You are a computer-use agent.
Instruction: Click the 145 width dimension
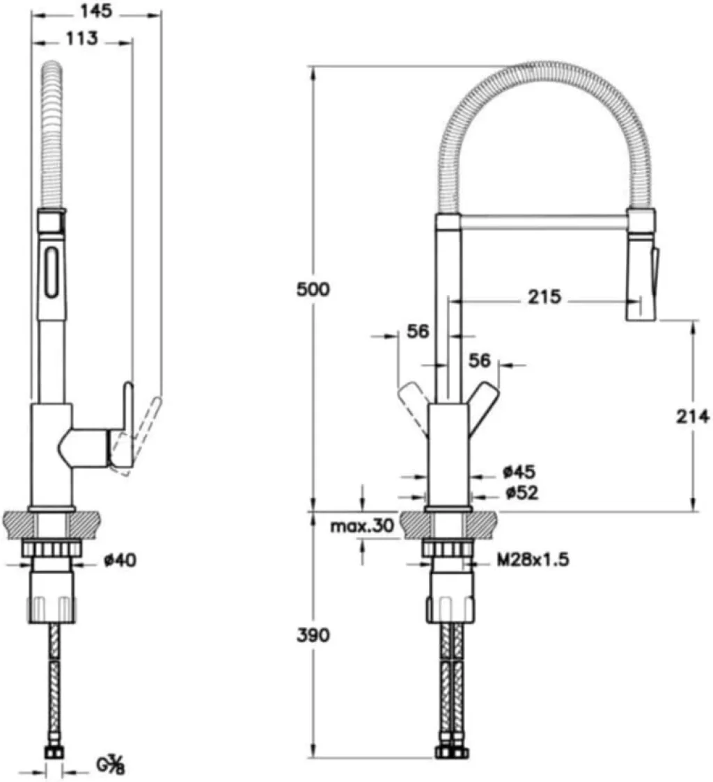[96, 11]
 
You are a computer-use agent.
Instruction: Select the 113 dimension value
[82, 38]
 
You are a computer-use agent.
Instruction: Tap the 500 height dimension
[313, 289]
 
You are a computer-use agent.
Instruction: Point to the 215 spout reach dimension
[544, 297]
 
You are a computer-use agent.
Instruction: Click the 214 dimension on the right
[693, 416]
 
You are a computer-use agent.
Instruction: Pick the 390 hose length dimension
[313, 635]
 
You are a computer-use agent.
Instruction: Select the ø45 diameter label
[519, 471]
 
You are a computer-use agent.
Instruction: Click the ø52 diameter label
[522, 493]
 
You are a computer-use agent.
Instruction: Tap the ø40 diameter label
[120, 561]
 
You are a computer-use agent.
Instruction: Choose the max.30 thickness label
[363, 525]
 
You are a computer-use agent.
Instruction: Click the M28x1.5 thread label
[533, 560]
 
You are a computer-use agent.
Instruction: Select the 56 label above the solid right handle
[480, 360]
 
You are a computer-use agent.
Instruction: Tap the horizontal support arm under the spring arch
[545, 223]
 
